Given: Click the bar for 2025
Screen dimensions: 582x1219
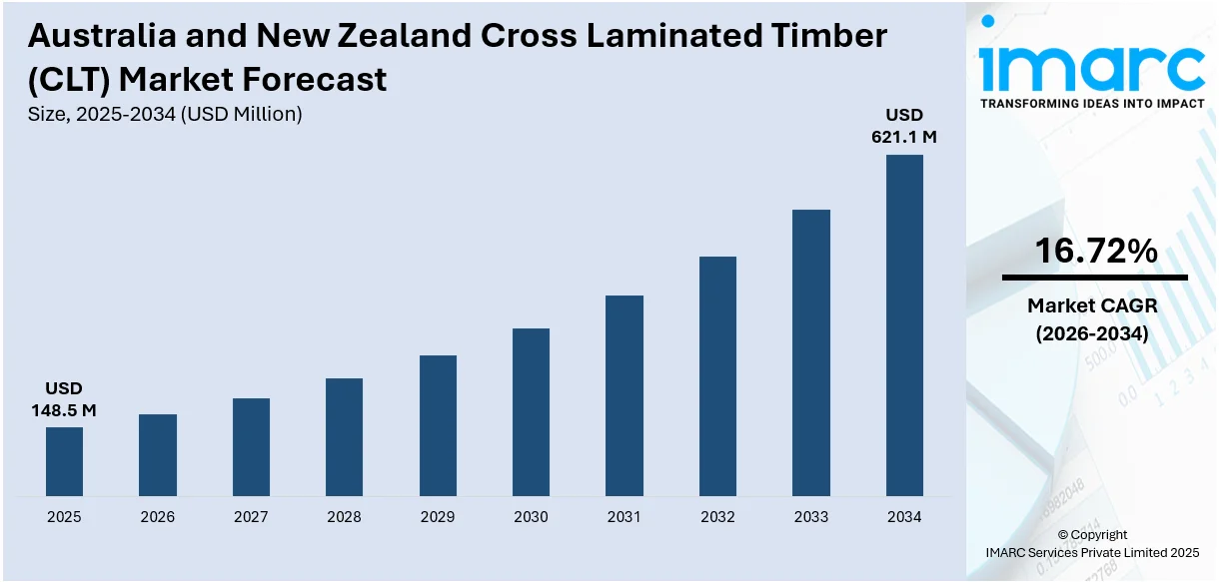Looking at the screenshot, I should pos(64,461).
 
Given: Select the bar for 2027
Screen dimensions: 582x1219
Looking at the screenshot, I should pos(251,446).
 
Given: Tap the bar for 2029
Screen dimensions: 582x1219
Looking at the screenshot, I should pos(438,425).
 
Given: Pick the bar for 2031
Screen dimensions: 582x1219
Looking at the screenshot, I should pos(624,395).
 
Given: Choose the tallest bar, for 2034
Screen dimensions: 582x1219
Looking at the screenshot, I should pos(904,325).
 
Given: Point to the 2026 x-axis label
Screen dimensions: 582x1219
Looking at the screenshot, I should pos(157,517).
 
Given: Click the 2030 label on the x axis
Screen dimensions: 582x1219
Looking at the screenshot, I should pos(531,517).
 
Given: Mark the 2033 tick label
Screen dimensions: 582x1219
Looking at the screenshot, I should pos(810,517).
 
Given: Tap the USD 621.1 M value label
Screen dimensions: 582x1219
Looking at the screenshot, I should pos(904,126).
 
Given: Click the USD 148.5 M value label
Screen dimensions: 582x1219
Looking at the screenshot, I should pos(64,398).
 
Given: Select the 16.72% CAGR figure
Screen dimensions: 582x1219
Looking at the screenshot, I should pos(1095,252).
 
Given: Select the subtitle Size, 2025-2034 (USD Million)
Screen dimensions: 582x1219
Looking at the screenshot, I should pos(166,115).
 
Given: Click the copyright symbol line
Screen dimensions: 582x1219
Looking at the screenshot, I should pos(1092,534).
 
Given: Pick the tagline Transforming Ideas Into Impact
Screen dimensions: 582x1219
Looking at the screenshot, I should pos(1092,103).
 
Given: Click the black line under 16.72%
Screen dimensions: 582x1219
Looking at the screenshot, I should pos(1095,278).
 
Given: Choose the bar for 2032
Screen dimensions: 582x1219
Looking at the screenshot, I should pos(717,375).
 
